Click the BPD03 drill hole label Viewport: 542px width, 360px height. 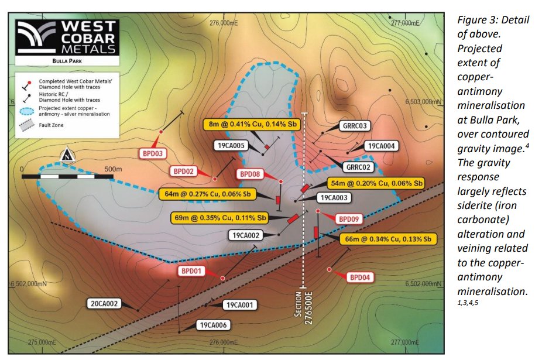pos(152,154)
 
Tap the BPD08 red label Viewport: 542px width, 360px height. pos(251,174)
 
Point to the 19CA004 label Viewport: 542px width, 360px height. pos(381,146)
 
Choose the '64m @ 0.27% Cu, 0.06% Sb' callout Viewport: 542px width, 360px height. pos(208,194)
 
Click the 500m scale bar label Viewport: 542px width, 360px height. pos(112,169)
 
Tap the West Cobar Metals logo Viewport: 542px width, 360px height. pos(67,38)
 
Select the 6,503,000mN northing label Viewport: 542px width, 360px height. pos(422,101)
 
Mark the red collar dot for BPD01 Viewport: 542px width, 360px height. pos(222,277)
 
